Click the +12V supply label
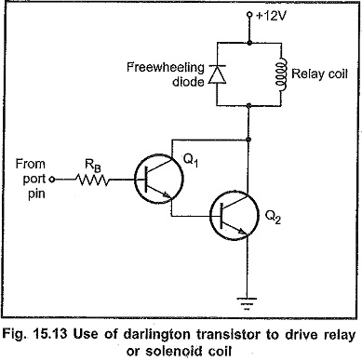[x=271, y=16]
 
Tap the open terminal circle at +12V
[x=248, y=14]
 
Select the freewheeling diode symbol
[x=217, y=74]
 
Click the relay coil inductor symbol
[x=281, y=74]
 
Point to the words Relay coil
[x=319, y=74]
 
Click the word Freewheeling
[x=166, y=67]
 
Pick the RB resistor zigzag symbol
[x=92, y=180]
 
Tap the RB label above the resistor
[x=93, y=166]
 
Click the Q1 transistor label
[x=191, y=160]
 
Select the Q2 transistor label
[x=273, y=217]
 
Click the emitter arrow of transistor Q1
[x=166, y=194]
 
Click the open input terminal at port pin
[x=52, y=180]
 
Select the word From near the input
[x=31, y=164]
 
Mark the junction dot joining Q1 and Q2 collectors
[x=248, y=140]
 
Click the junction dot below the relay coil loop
[x=248, y=106]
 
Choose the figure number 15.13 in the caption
[x=52, y=335]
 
